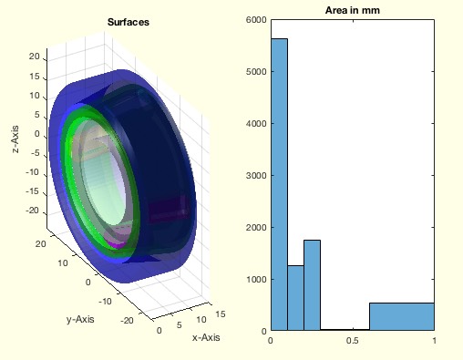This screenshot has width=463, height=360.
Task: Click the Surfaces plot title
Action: point(129,22)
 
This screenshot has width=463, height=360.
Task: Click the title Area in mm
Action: point(353,10)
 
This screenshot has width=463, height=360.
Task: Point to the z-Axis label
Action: point(15,139)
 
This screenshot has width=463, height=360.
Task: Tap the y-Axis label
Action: point(80,319)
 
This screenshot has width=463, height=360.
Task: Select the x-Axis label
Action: point(206,337)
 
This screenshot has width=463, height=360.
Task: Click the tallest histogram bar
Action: point(279,184)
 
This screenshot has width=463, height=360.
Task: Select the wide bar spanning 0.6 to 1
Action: point(402,316)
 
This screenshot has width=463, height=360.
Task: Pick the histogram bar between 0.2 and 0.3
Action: point(312,285)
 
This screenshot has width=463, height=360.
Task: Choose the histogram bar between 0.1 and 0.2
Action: point(295,298)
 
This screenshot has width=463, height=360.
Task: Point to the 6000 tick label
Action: point(256,20)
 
